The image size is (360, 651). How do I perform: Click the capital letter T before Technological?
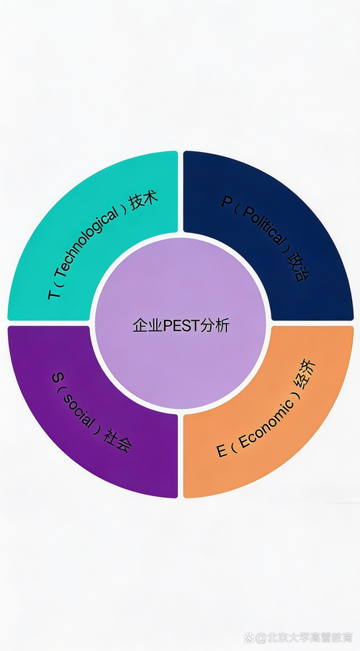54,295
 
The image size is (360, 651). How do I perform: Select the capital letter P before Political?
227,202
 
